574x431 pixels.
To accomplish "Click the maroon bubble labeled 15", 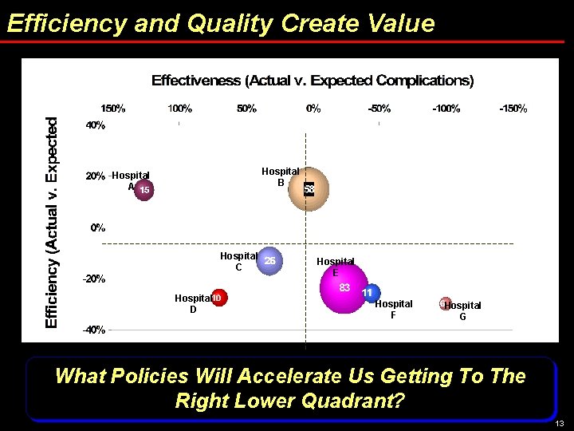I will [143, 190].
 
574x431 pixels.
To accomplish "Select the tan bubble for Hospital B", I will [308, 189].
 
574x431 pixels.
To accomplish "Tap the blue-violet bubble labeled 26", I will [270, 260].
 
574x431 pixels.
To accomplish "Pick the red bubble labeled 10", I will [217, 298].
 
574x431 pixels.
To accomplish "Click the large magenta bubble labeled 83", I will [344, 287].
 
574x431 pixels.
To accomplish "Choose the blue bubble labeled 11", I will [368, 294].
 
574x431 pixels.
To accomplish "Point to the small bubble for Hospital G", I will [445, 303].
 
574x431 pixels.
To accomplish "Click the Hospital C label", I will [238, 261].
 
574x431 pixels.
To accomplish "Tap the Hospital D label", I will [192, 303].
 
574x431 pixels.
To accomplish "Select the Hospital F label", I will [394, 309].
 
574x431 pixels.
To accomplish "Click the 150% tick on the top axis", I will [112, 108].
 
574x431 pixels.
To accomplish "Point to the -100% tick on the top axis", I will [446, 108].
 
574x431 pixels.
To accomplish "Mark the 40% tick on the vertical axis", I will [96, 125].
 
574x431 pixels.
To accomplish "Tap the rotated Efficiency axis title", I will [53, 222].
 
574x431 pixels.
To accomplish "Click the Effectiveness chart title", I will [313, 81].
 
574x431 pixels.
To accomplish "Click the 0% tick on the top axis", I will [313, 108].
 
